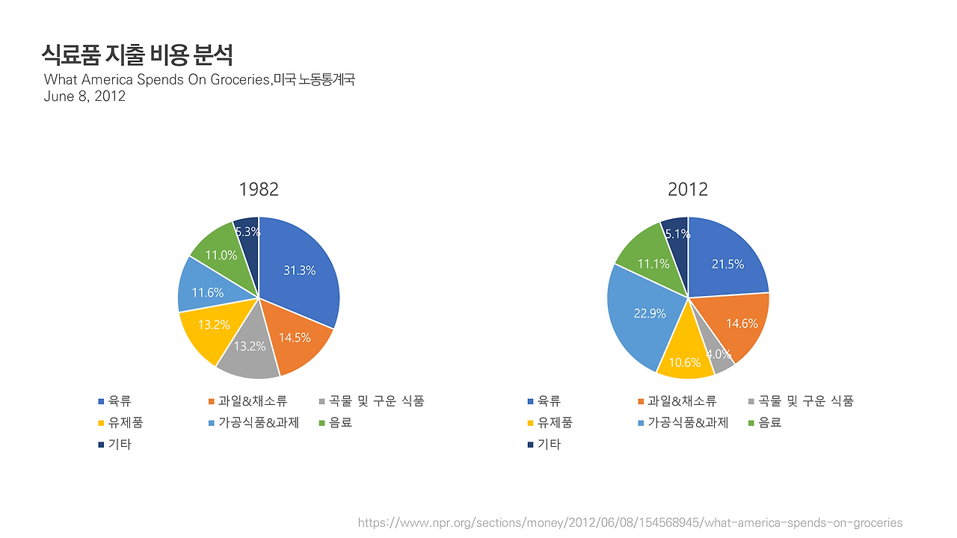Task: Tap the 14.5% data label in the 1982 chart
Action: (x=295, y=338)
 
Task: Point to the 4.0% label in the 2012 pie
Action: (x=718, y=354)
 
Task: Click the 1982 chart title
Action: (x=259, y=189)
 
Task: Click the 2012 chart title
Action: (x=688, y=189)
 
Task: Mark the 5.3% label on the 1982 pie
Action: (x=247, y=232)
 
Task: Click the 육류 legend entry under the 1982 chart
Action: (x=114, y=401)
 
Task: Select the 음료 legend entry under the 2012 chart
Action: (x=765, y=423)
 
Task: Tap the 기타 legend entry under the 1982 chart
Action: (x=114, y=445)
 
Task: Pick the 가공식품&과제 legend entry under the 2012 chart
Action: (x=683, y=423)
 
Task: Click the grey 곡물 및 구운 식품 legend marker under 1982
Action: (x=322, y=401)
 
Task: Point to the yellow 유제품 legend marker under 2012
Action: (x=530, y=423)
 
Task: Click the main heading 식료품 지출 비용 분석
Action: (x=137, y=55)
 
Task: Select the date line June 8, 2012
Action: (x=84, y=96)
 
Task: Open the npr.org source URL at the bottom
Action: (x=630, y=522)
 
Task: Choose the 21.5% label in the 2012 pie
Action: (x=727, y=264)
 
